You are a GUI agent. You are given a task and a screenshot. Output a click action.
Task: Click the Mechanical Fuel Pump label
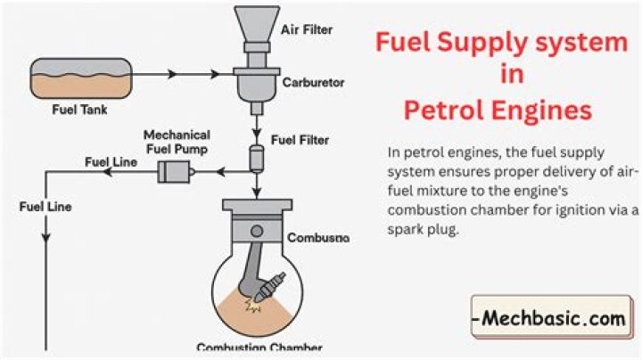pos(176,142)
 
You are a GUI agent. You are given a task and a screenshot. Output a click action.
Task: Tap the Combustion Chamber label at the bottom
pos(259,348)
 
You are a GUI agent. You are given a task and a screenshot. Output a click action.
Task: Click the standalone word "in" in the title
pos(500,76)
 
